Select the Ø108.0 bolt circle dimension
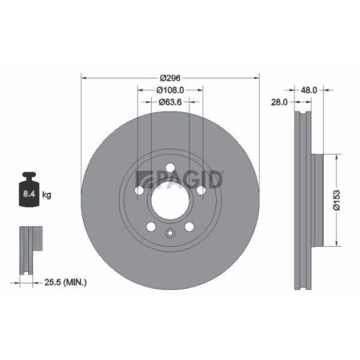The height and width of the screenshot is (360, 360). tap(171, 90)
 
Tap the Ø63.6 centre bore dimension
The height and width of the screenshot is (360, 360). tap(170, 102)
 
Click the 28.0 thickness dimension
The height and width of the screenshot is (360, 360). tap(279, 103)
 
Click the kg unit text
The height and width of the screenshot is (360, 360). tap(46, 194)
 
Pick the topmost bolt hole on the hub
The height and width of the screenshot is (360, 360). tap(170, 168)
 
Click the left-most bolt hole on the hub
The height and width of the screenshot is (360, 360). tap(139, 192)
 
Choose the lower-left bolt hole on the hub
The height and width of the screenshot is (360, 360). tap(150, 227)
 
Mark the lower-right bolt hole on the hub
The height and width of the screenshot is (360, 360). tap(189, 227)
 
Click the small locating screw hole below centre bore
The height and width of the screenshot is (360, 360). tap(170, 232)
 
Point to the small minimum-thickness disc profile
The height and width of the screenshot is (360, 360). tap(27, 249)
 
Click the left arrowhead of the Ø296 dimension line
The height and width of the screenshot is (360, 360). tap(84, 77)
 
